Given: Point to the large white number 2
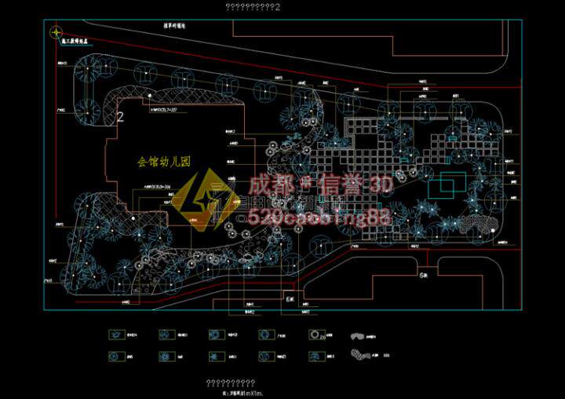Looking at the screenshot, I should [x=121, y=116].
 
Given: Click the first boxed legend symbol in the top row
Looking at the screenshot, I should [x=116, y=334].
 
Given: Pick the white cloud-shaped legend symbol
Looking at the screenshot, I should [x=358, y=334].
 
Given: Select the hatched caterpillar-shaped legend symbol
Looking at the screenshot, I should [x=363, y=354].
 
